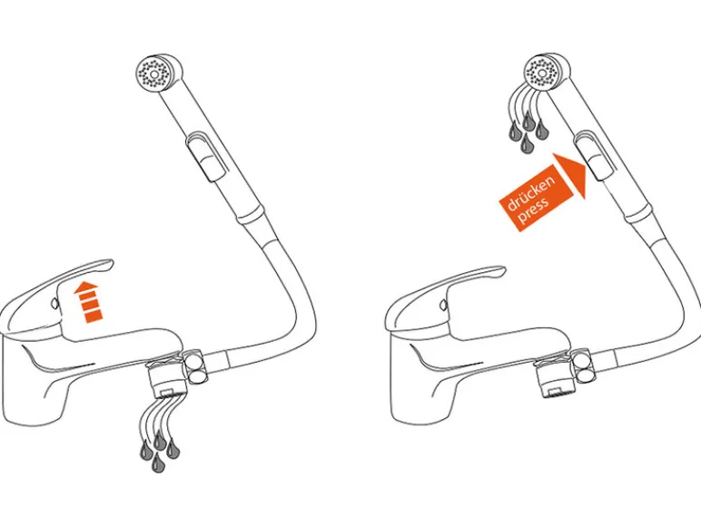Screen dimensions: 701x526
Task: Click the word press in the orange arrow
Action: (x=534, y=208)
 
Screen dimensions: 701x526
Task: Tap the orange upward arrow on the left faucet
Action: (x=88, y=301)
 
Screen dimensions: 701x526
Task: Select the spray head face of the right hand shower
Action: (x=542, y=73)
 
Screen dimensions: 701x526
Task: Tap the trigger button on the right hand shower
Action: (x=595, y=154)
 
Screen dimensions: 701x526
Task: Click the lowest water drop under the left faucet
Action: (x=157, y=463)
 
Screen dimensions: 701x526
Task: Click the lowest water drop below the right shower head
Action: (x=528, y=144)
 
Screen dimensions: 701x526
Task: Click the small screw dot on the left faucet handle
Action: (x=54, y=304)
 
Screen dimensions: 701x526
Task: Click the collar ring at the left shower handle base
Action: (x=253, y=215)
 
